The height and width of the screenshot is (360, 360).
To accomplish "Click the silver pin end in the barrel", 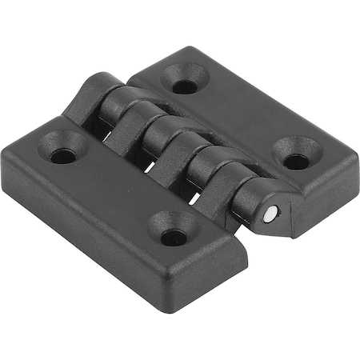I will (273, 214).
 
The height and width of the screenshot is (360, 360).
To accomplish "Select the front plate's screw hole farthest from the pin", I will (62, 154).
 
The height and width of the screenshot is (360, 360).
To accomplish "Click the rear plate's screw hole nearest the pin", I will (296, 160).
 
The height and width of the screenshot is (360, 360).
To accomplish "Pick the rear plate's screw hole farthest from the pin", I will (185, 86).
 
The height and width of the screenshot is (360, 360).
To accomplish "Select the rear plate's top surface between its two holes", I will (240, 120).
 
